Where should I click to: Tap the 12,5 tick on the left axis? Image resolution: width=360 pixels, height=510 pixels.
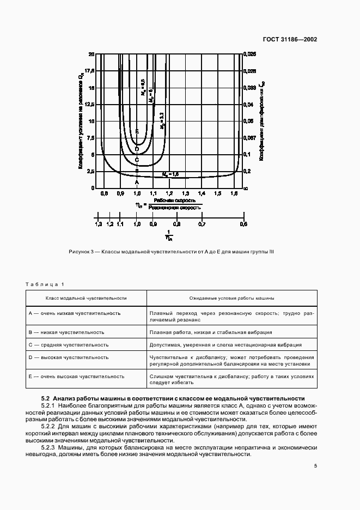90,104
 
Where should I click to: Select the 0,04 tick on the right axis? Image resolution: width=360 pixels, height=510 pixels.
248,104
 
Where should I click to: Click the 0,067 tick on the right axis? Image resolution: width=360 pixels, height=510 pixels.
249,138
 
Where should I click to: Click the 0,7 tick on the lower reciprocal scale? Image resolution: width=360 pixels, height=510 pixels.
202,224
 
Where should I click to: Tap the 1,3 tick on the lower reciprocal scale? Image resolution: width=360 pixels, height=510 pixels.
98,224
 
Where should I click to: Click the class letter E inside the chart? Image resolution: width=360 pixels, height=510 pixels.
137,131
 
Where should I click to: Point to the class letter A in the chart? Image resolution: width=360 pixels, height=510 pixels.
137,183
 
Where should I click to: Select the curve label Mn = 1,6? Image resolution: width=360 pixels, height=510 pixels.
170,173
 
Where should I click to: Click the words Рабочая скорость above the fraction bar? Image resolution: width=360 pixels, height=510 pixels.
169,201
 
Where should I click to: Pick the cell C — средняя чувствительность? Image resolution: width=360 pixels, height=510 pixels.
68,345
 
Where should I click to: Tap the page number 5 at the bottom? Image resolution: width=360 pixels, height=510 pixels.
315,466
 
